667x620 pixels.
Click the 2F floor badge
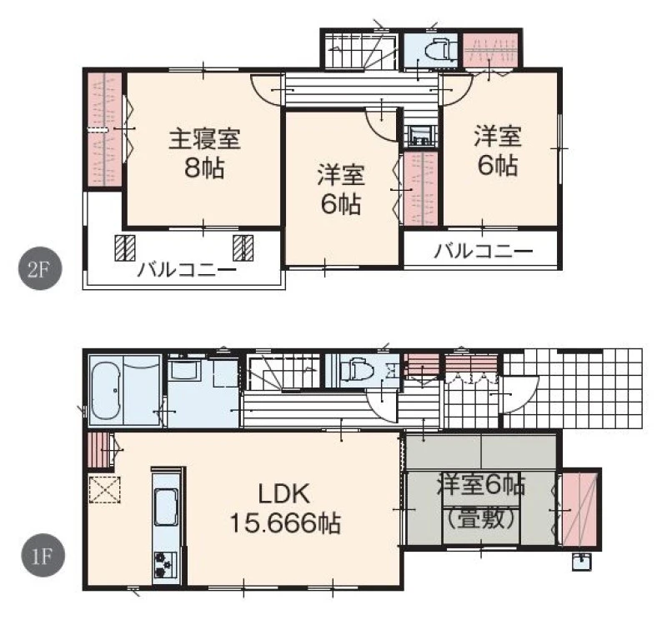click(40, 268)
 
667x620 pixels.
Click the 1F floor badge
click(43, 555)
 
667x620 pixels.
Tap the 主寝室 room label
click(204, 138)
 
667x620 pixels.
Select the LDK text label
click(284, 494)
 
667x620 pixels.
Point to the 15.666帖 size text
click(285, 523)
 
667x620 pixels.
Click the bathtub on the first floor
click(106, 391)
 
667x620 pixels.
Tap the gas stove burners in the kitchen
click(165, 564)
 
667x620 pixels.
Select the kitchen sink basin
click(165, 507)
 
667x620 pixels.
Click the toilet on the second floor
click(439, 52)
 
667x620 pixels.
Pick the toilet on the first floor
click(358, 368)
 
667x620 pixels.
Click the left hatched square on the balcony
click(125, 247)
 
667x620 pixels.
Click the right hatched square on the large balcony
click(243, 247)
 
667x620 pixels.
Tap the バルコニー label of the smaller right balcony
click(484, 252)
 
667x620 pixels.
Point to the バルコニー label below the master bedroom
click(187, 270)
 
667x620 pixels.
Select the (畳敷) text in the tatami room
click(482, 518)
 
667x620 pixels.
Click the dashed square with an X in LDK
click(105, 490)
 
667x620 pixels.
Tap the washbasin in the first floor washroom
click(186, 371)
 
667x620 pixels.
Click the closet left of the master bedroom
click(105, 129)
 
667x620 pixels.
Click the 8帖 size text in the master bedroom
click(204, 169)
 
